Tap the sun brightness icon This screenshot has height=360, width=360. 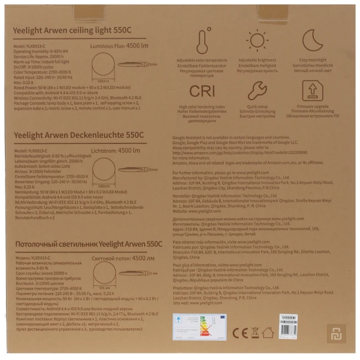click(256, 39)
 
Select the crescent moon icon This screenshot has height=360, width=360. click(309, 39)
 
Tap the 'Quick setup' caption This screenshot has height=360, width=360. click(256, 107)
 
